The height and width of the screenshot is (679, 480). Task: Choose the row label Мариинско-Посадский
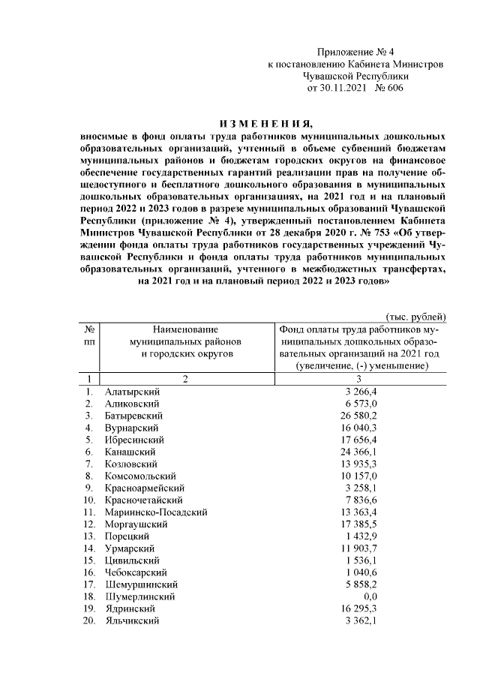point(155,524)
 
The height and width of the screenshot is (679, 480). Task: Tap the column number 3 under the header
point(358,379)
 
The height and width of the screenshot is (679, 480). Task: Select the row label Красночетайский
point(145,500)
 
